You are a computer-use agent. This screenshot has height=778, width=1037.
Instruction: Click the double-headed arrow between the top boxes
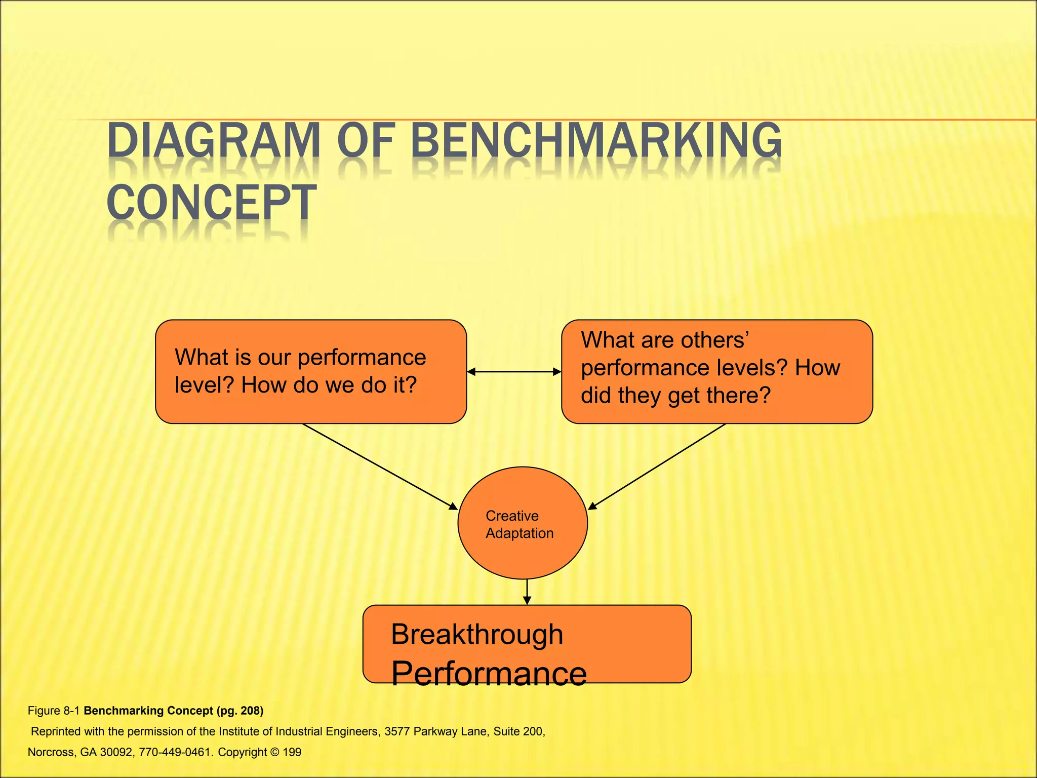(x=514, y=372)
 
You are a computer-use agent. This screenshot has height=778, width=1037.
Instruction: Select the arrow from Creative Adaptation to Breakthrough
(x=527, y=592)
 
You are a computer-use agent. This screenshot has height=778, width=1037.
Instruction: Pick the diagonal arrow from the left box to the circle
(x=380, y=466)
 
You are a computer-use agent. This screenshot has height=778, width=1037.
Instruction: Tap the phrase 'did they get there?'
(x=675, y=396)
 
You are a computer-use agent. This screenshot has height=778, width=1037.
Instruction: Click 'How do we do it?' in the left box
(x=329, y=385)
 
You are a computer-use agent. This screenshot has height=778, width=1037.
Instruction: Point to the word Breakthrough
(x=477, y=635)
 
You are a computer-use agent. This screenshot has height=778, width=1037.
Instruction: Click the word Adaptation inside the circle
(x=520, y=533)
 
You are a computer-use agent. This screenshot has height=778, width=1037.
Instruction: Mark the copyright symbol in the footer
(x=275, y=752)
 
